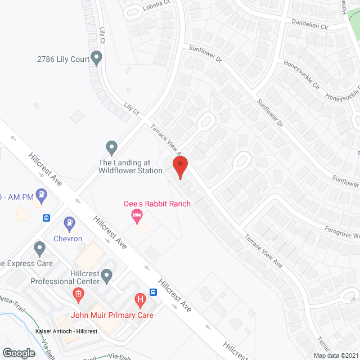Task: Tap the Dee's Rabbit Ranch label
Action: click(x=157, y=204)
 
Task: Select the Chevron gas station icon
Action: click(x=70, y=223)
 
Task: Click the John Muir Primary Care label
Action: click(x=112, y=315)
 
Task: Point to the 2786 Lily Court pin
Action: click(x=97, y=57)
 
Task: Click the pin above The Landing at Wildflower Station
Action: click(x=112, y=148)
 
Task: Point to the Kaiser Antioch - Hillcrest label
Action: click(x=66, y=331)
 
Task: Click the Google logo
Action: click(x=18, y=353)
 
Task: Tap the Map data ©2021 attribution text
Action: click(x=336, y=355)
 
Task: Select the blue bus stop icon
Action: click(x=46, y=218)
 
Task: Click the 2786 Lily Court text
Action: click(x=64, y=58)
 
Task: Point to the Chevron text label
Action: click(x=68, y=238)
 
